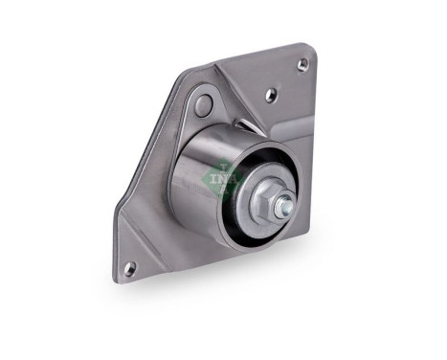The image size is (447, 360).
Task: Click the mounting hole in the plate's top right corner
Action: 302,64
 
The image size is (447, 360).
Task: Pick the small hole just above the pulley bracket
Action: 272,95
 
